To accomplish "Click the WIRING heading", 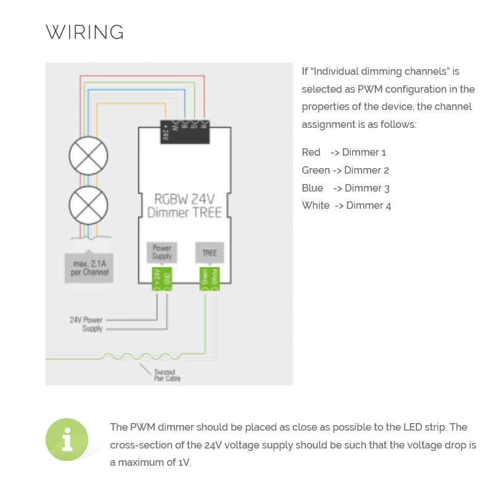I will click(85, 32).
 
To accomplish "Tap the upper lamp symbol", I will click(88, 156).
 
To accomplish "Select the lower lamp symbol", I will click(88, 205).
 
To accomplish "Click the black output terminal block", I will click(184, 131).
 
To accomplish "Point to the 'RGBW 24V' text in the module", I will click(184, 200).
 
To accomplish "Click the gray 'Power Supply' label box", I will click(162, 252).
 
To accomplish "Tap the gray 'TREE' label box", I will click(209, 253).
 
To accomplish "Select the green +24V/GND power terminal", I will click(162, 278).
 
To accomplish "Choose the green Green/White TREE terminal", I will click(209, 278).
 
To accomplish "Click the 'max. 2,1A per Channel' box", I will click(89, 267).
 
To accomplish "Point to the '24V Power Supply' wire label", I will click(86, 324).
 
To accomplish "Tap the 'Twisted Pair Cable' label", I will click(167, 375).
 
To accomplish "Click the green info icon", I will click(67, 439).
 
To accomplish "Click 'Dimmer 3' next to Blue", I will click(367, 188).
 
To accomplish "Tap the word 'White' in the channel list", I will click(316, 206).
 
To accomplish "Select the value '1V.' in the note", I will click(184, 463).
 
